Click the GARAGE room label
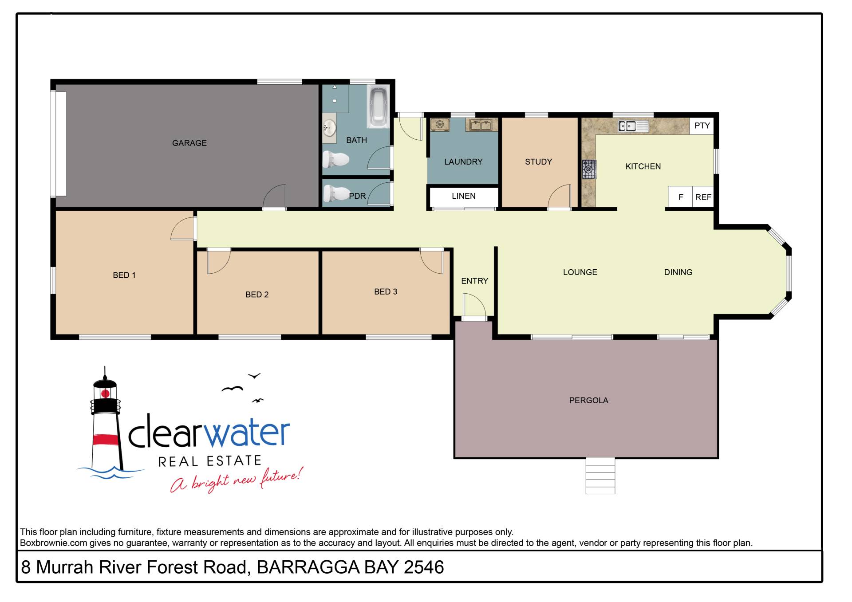pyautogui.click(x=189, y=143)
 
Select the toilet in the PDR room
pyautogui.click(x=336, y=193)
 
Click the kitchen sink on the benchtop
pyautogui.click(x=633, y=126)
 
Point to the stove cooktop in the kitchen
pyautogui.click(x=589, y=169)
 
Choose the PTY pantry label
pyautogui.click(x=702, y=126)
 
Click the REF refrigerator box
pyautogui.click(x=703, y=197)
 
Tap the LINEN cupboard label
pyautogui.click(x=463, y=196)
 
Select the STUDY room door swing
pyautogui.click(x=560, y=196)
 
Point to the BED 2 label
pyautogui.click(x=257, y=295)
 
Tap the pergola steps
pyautogui.click(x=600, y=476)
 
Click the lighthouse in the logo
pyautogui.click(x=106, y=421)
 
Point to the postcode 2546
pyautogui.click(x=424, y=567)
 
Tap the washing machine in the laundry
pyautogui.click(x=440, y=125)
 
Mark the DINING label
pyautogui.click(x=678, y=272)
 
